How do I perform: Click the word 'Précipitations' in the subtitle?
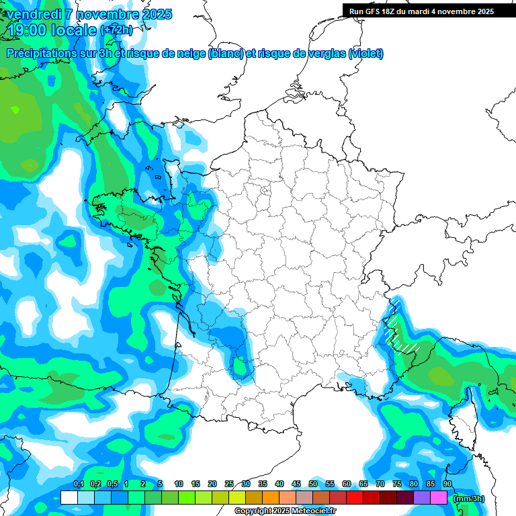click(x=41, y=54)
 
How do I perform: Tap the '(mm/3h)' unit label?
click(x=468, y=498)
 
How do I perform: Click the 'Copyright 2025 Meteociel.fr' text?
click(x=285, y=511)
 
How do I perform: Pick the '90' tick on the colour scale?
click(x=447, y=484)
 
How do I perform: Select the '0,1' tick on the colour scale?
click(x=78, y=484)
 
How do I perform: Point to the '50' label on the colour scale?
click(x=313, y=484)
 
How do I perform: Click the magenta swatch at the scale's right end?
click(x=439, y=497)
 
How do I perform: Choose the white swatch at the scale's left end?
click(x=69, y=497)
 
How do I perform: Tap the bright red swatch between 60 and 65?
click(x=355, y=497)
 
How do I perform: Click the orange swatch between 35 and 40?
click(x=271, y=497)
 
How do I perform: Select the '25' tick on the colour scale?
click(x=229, y=484)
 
